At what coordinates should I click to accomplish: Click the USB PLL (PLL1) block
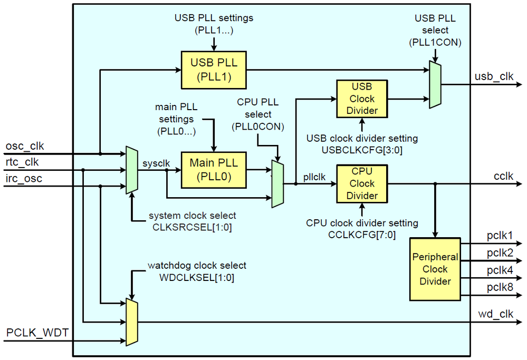tap(214, 70)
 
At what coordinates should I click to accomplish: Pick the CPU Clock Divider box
tap(362, 183)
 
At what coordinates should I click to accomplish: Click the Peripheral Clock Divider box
tap(435, 269)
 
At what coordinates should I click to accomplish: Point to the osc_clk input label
tap(25, 145)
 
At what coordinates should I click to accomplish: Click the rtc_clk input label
tap(22, 162)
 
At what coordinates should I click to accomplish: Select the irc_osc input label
tap(24, 179)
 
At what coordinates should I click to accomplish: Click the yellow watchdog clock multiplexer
tap(132, 322)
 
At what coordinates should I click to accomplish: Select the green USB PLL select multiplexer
tap(435, 84)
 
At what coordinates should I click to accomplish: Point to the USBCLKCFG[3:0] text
tap(362, 150)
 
